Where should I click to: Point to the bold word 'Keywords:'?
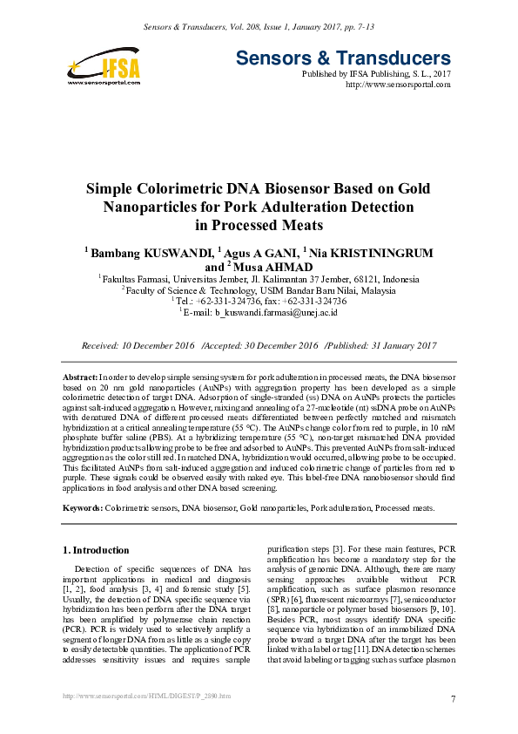84,506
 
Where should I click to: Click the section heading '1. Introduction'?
98,550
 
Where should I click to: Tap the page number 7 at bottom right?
454,700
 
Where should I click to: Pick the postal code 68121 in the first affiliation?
341,279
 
